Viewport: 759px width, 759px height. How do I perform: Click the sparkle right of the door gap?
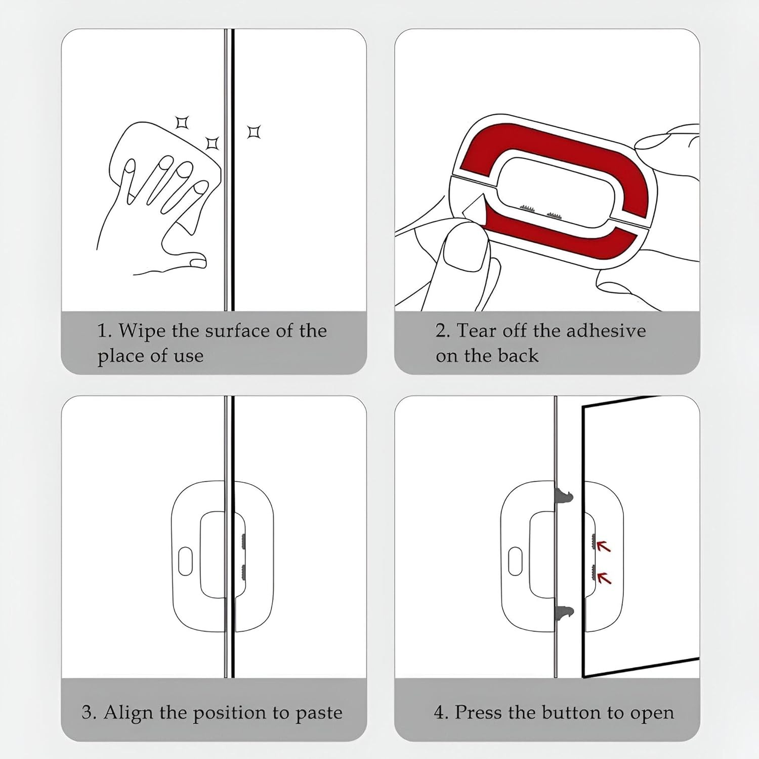pos(254,132)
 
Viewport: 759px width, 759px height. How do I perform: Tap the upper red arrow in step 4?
pos(603,545)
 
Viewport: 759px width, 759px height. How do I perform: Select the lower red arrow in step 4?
pos(604,577)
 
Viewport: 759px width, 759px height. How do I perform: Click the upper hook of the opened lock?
pos(565,497)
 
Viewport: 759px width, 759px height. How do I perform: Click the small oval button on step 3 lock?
pos(186,561)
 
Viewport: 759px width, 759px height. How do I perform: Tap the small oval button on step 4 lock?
pos(515,561)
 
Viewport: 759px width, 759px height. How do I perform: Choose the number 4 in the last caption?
pos(439,712)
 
